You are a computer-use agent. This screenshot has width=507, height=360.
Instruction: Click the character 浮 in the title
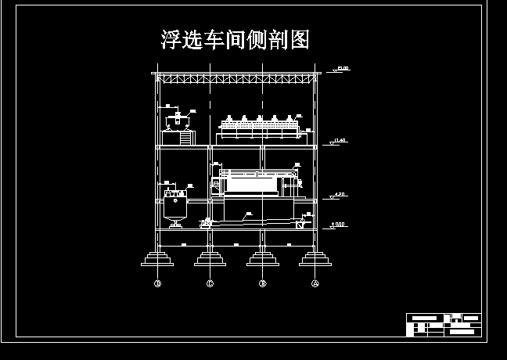(x=172, y=40)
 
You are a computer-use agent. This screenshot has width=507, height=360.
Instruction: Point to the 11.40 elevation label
(x=339, y=140)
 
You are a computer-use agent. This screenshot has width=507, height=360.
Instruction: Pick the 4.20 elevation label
(x=339, y=193)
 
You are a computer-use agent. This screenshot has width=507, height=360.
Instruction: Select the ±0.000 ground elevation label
(x=338, y=225)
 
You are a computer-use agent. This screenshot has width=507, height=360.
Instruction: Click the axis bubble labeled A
(x=315, y=283)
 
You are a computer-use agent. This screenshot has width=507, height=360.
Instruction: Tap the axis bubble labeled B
(x=263, y=283)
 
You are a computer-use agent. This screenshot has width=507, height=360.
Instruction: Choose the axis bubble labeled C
(x=210, y=283)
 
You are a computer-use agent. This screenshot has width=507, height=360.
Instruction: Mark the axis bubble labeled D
(x=157, y=283)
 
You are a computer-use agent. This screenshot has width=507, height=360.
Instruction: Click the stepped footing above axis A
(x=315, y=258)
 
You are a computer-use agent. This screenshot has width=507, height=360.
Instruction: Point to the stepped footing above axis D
(x=157, y=258)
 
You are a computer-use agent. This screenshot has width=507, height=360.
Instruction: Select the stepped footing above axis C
(x=210, y=258)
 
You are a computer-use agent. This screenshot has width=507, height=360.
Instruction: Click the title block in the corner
(x=443, y=324)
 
